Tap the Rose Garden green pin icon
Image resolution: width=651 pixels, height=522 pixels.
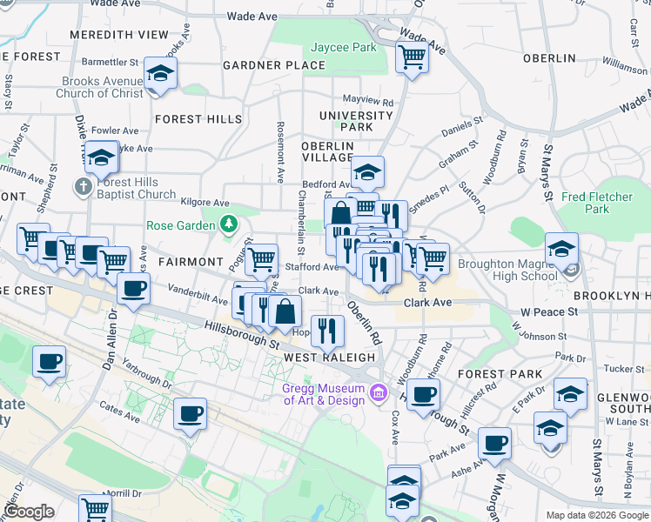(x=228, y=225)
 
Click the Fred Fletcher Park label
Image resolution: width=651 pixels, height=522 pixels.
(x=597, y=203)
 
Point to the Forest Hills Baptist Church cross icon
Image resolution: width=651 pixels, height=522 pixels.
(x=83, y=186)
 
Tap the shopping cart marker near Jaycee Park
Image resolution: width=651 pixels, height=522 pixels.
(x=412, y=57)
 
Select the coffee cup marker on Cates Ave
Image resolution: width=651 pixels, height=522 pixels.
(x=190, y=414)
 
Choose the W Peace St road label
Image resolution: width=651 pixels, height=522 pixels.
(x=549, y=311)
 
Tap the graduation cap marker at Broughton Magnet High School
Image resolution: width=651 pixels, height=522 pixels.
(x=561, y=249)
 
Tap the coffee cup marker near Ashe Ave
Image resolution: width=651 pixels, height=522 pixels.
(x=494, y=444)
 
